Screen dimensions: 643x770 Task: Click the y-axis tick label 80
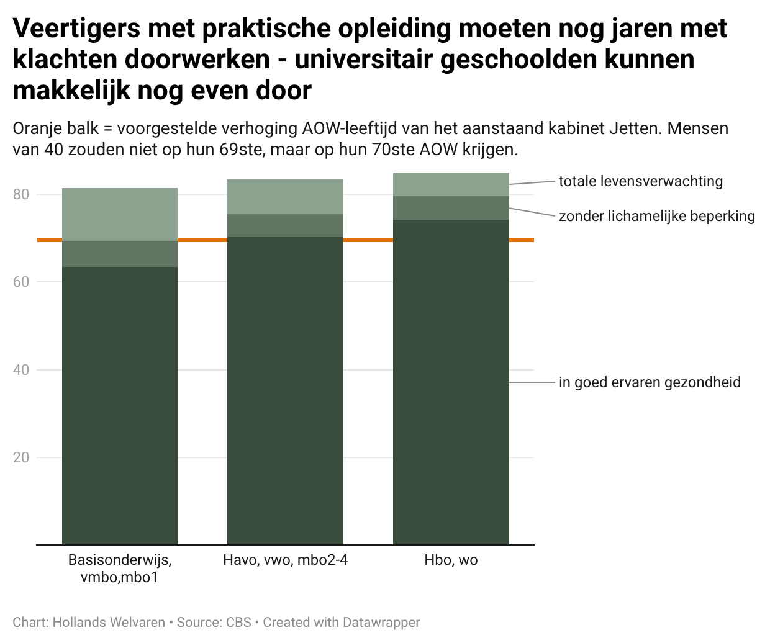coord(21,194)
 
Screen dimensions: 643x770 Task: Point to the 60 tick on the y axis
coord(21,282)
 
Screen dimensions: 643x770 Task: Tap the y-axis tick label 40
coord(21,370)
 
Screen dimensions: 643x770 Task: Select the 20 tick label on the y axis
coord(21,458)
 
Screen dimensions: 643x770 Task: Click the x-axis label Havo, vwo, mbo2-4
coord(285,560)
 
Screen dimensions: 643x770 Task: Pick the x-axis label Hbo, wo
coord(451,560)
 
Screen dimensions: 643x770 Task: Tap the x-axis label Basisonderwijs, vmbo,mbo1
coord(119,569)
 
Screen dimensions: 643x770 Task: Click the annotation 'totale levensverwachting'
coord(640,181)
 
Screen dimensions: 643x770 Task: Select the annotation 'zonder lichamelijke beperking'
coord(656,216)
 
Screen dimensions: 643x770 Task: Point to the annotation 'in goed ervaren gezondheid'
coord(650,382)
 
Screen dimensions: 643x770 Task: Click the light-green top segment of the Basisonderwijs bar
coord(120,214)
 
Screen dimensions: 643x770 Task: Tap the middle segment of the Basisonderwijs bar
coord(120,254)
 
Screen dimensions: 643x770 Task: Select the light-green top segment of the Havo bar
coord(285,197)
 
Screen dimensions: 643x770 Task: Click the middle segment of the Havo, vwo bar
coord(285,225)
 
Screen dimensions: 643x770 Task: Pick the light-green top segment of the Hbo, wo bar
coord(451,184)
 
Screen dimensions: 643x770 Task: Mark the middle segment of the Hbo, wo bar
coord(451,208)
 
